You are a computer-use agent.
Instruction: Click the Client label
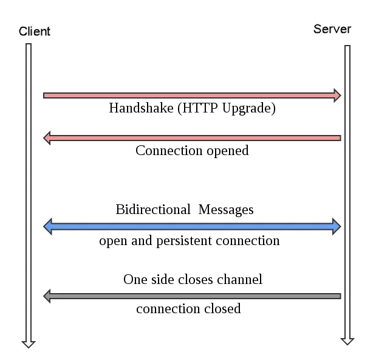[x=35, y=32]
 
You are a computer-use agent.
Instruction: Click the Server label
[x=332, y=29]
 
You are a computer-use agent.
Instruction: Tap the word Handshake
[x=135, y=108]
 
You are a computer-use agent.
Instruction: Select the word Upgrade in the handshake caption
[x=251, y=108]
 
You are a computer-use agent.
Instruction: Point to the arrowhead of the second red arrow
[x=47, y=138]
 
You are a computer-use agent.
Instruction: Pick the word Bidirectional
[x=152, y=210]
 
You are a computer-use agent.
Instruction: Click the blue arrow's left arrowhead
[x=49, y=227]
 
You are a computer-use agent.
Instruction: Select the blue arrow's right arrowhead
[x=336, y=227]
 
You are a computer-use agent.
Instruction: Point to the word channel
[x=241, y=280]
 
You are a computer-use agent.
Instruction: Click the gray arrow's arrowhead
[x=47, y=296]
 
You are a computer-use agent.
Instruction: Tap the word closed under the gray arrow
[x=221, y=309]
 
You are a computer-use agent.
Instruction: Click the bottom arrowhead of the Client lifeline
[x=28, y=344]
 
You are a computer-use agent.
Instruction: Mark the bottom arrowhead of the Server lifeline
[x=347, y=341]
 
